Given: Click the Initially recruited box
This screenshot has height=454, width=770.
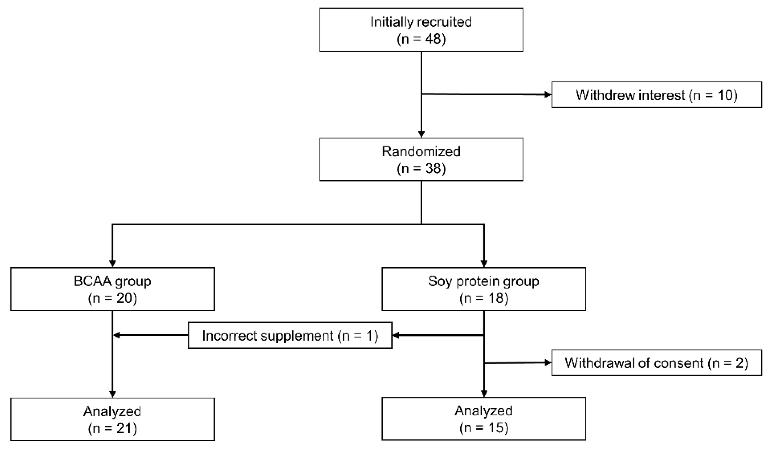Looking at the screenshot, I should point(421,30).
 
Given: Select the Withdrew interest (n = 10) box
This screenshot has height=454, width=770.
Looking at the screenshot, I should point(656,95).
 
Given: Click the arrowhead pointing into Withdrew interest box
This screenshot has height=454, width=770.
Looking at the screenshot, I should point(548,95).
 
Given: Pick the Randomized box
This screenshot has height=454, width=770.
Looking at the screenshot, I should point(421,159).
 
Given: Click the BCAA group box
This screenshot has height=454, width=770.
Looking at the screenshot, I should point(112,289).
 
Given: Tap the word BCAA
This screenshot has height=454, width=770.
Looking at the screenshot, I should point(92,281).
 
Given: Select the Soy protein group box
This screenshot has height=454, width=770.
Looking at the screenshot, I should point(484,289).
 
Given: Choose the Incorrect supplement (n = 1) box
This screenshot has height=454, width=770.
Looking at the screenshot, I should point(290,335).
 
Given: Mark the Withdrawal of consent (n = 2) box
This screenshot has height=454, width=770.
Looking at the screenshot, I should point(656,363).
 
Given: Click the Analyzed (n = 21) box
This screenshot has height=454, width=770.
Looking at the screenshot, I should point(112,419).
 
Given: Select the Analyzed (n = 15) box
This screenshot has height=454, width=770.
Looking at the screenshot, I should point(484,419).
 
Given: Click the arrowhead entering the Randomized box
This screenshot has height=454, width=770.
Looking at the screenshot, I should point(421,135).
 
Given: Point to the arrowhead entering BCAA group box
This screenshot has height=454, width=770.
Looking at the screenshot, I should point(112,264).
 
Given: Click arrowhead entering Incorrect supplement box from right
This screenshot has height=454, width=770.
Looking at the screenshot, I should point(396,335).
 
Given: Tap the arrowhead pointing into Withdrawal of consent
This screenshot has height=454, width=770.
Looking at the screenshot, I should point(548,363).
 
